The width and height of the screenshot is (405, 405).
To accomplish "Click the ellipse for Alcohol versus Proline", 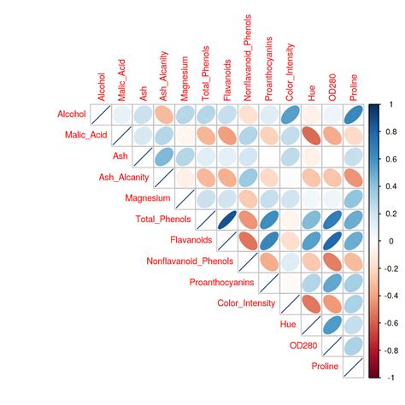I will [354, 114].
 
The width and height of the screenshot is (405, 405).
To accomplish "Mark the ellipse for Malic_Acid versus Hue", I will [312, 135].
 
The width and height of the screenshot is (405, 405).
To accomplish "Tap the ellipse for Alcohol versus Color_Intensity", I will [291, 114].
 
